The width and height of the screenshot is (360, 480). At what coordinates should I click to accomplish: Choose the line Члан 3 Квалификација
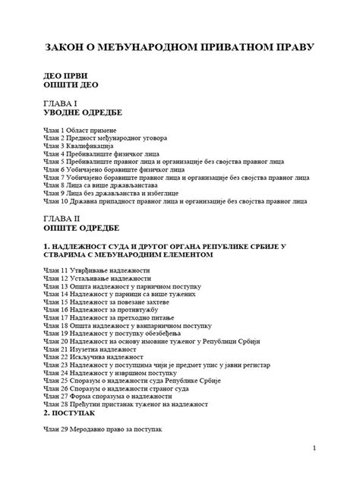click(80, 147)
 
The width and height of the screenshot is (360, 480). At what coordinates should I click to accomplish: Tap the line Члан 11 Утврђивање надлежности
click(93, 270)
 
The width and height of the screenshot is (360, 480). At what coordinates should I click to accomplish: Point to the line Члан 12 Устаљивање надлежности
click(93, 278)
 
